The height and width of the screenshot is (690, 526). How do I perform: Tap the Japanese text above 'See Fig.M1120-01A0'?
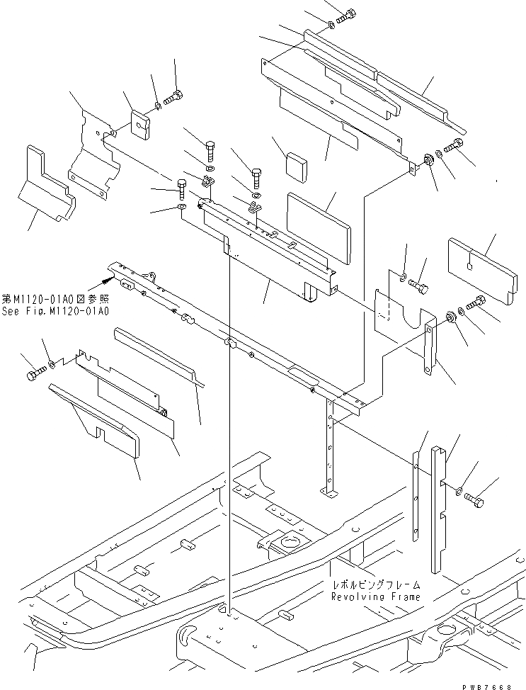click(56, 300)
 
